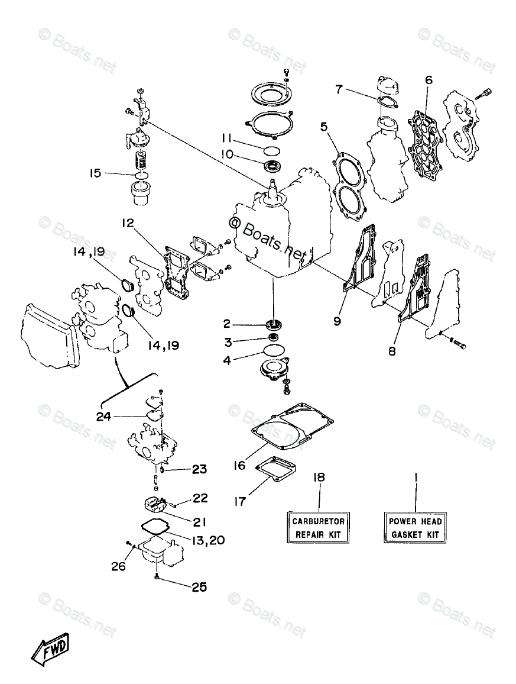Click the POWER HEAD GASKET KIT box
[x=415, y=528]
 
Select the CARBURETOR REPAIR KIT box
[x=319, y=528]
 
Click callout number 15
[x=95, y=173]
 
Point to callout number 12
[x=128, y=224]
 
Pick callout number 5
[x=323, y=126]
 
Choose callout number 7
[x=339, y=89]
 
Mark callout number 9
[x=336, y=321]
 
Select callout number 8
[x=391, y=350]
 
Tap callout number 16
[x=239, y=466]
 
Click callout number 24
[x=104, y=417]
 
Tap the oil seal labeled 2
[x=274, y=324]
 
